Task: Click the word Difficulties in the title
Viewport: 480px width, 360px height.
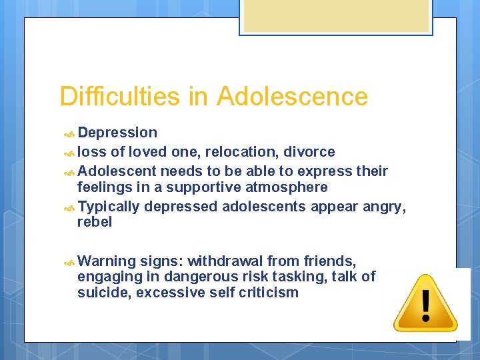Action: coord(120,97)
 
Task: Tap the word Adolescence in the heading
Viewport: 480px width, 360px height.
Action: coord(292,97)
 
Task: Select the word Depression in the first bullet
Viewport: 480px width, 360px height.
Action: coord(117,133)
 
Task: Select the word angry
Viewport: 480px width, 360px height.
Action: coord(383,207)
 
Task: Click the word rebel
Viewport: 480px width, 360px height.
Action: coord(95,223)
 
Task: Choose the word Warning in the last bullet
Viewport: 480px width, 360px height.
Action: coord(107,261)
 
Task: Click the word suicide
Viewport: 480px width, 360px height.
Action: coord(104,293)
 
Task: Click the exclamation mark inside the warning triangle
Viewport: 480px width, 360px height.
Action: coord(425,303)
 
